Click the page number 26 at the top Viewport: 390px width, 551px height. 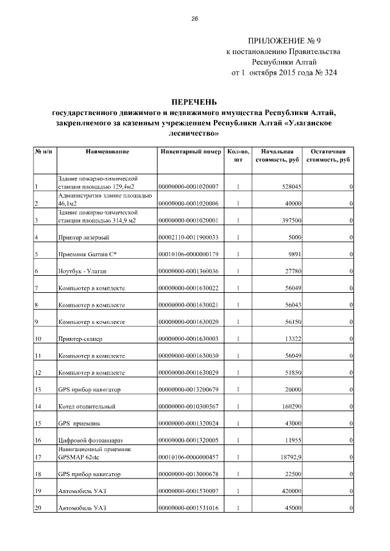195,19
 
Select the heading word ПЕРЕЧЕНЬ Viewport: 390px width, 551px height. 195,102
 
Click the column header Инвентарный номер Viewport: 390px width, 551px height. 189,151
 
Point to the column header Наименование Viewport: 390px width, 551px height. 107,151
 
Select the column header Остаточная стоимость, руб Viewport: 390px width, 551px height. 329,155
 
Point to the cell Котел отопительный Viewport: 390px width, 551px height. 87,406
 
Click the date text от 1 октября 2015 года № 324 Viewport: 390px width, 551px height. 284,73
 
